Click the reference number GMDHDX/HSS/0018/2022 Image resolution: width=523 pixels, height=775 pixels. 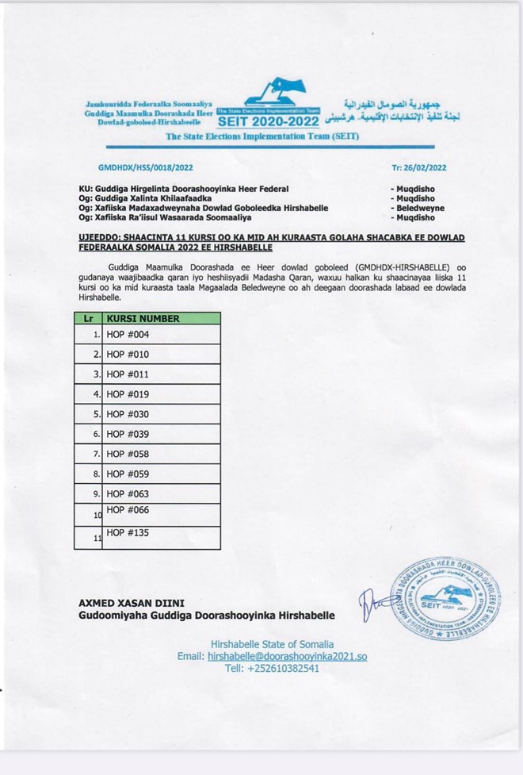tap(145, 168)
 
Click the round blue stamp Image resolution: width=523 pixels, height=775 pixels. tap(445, 599)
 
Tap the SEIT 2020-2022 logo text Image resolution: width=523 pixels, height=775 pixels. tap(268, 121)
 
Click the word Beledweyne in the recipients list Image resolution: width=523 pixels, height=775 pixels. tap(418, 208)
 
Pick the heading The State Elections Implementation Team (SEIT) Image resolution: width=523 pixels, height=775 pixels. tap(261, 137)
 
